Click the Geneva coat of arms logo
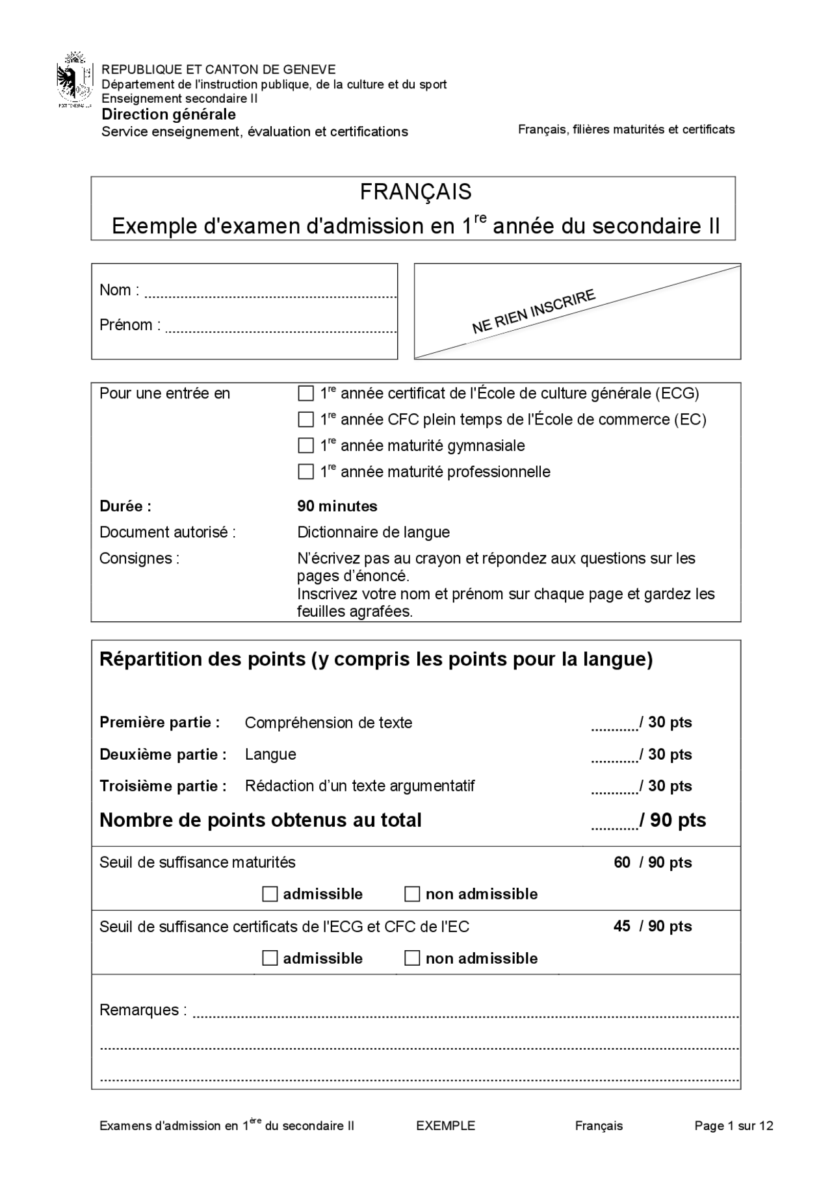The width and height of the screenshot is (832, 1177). pos(75,83)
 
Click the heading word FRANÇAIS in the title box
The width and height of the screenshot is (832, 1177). pos(415,192)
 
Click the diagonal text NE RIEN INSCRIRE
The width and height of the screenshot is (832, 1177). pos(533,311)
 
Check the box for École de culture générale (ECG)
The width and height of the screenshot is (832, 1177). pos(305,394)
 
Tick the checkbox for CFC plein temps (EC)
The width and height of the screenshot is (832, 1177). pos(305,420)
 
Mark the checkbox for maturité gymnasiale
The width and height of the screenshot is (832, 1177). pos(305,446)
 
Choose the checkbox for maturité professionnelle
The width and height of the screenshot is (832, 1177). pos(305,472)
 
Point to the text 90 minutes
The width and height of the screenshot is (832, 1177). pos(337,506)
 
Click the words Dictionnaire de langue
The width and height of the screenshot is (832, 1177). pos(373,532)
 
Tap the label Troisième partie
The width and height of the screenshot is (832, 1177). pos(162,786)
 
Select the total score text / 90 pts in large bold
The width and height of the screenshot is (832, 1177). pos(673,820)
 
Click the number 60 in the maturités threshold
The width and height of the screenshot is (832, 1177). pos(622,862)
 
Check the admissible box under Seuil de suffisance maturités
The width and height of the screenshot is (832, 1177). pos(270,894)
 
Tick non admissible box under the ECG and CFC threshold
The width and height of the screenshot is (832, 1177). pos(412,959)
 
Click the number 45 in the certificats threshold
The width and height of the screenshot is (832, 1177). pos(622,926)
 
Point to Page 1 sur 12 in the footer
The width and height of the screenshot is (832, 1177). pos(733,1126)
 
